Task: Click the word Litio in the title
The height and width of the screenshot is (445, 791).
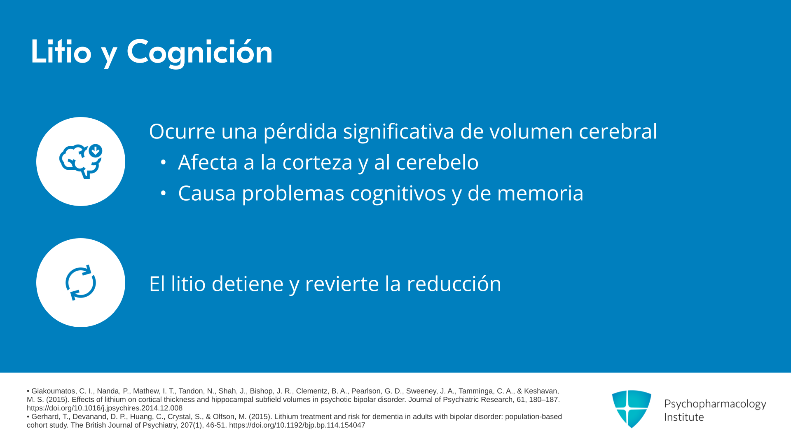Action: [61, 52]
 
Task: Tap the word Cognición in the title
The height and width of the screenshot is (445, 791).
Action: [199, 53]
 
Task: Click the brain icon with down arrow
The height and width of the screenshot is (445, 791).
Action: [81, 162]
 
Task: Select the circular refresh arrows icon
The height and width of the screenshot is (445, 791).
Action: [81, 283]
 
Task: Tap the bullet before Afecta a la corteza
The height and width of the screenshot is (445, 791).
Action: [164, 162]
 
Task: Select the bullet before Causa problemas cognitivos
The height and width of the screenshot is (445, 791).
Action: [164, 193]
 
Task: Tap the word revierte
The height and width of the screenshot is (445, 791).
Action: [342, 284]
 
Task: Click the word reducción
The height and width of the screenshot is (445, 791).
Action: [454, 284]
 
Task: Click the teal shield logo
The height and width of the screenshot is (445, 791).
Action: [632, 409]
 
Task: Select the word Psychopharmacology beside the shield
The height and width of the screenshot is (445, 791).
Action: [715, 404]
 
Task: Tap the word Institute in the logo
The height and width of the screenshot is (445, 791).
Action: [684, 417]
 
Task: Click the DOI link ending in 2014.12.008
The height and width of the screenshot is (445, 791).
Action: [105, 408]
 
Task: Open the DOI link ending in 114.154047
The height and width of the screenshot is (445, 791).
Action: [297, 425]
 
